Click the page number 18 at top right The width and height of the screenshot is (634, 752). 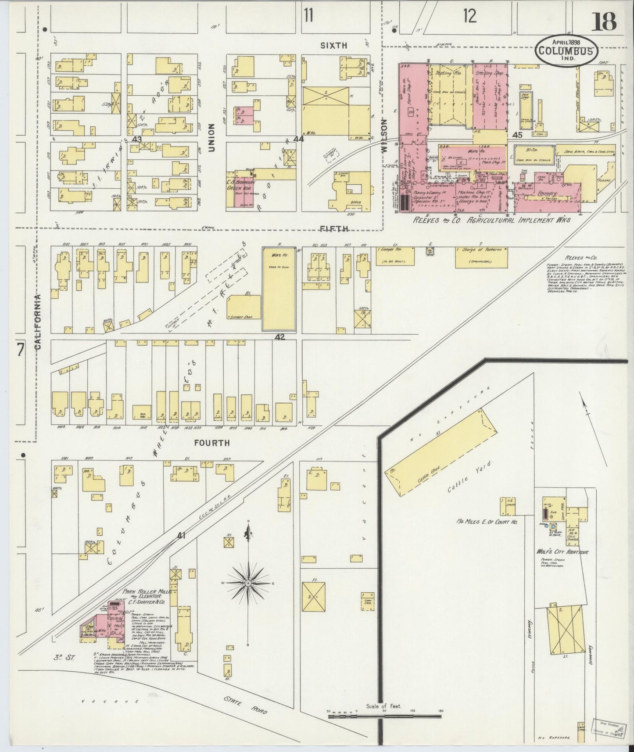click(604, 21)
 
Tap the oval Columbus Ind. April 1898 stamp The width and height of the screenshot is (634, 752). click(566, 50)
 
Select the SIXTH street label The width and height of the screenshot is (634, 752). click(333, 45)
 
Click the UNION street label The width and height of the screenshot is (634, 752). click(211, 137)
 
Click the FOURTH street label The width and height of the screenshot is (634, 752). click(213, 443)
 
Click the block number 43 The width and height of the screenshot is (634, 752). click(137, 139)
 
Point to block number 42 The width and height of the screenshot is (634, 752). click(280, 337)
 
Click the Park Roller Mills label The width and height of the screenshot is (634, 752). click(148, 591)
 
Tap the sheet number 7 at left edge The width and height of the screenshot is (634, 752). click(20, 350)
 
